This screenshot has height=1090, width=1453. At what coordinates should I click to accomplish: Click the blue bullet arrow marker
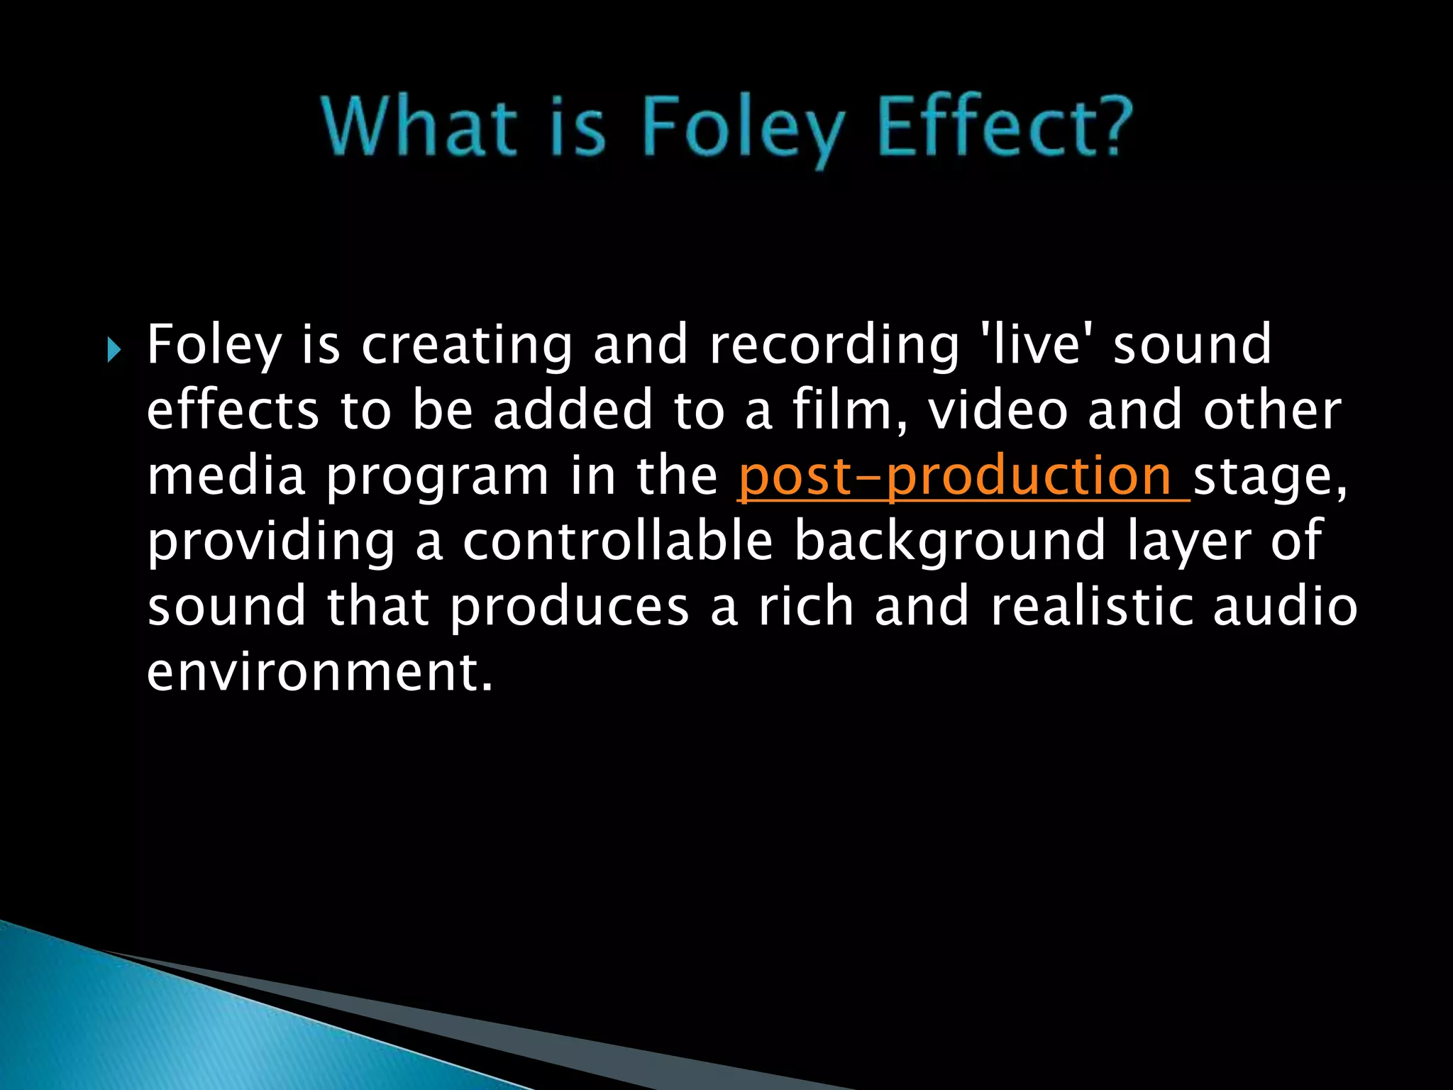pos(114,350)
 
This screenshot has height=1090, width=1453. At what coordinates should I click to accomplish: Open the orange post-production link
pos(961,476)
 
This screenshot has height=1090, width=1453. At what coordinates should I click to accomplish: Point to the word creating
pos(466,346)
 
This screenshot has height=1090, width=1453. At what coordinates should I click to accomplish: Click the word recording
pos(834,346)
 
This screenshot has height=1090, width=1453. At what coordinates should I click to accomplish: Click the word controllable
pos(617,541)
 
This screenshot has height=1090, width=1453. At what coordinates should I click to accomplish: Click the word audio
pos(1285,607)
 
